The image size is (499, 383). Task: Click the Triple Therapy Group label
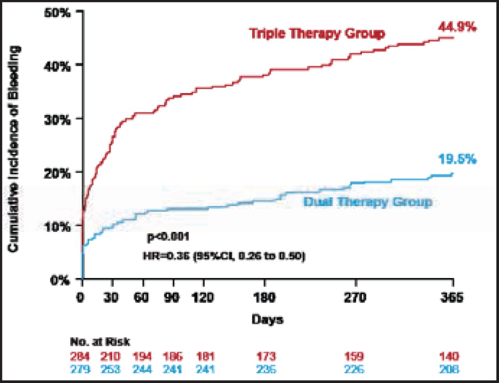(x=317, y=34)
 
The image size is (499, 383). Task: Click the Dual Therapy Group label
(x=368, y=202)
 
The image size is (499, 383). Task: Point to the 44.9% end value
(x=457, y=27)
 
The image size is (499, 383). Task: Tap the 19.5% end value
(x=457, y=160)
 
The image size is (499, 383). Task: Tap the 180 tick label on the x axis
(x=265, y=298)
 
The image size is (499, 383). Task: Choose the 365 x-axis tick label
(x=452, y=298)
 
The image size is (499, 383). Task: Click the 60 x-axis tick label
(x=141, y=298)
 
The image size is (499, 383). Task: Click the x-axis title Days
(x=267, y=320)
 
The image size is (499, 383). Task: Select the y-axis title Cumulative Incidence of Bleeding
(x=14, y=148)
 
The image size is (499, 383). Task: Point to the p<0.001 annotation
(x=168, y=237)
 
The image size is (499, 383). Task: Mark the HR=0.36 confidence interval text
(x=224, y=256)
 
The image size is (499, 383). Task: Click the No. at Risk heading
(x=100, y=342)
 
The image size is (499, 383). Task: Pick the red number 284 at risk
(x=80, y=356)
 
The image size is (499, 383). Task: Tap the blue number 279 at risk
(x=80, y=369)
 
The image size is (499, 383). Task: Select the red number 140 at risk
(x=449, y=356)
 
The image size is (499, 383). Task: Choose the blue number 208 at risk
(x=449, y=369)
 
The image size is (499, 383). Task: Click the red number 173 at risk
(x=266, y=356)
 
